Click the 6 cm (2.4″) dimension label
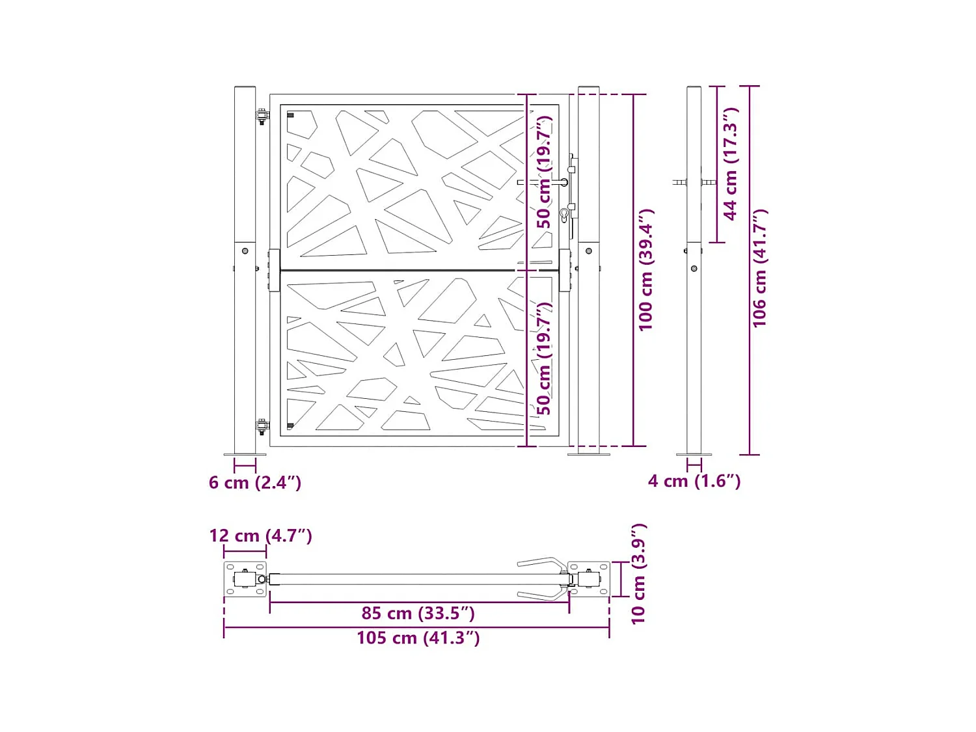pyautogui.click(x=254, y=483)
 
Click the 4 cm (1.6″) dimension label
pyautogui.click(x=694, y=481)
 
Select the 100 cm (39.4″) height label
pyautogui.click(x=645, y=270)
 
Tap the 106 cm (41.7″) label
pyautogui.click(x=760, y=268)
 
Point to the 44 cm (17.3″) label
pyautogui.click(x=731, y=164)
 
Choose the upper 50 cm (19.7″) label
pyautogui.click(x=544, y=172)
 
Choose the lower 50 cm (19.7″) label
pyautogui.click(x=544, y=358)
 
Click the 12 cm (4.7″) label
pyautogui.click(x=260, y=535)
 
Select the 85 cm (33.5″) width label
pyautogui.click(x=418, y=613)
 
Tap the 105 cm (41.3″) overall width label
pyautogui.click(x=418, y=638)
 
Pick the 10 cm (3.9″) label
pyautogui.click(x=638, y=574)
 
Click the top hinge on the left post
pyautogui.click(x=262, y=117)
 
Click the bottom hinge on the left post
pyautogui.click(x=262, y=427)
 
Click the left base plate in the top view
pyautogui.click(x=245, y=579)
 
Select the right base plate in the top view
pyautogui.click(x=589, y=579)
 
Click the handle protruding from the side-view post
pyautogui.click(x=680, y=183)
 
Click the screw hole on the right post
pyautogui.click(x=589, y=251)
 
